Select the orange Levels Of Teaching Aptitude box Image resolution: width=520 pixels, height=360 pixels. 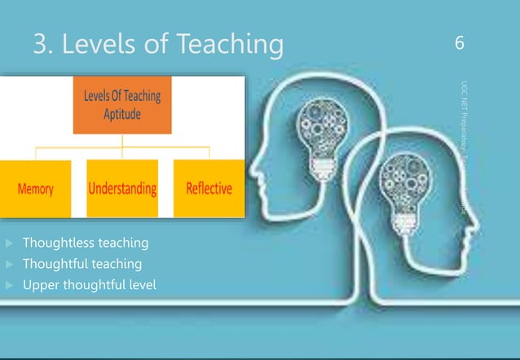[x=122, y=106]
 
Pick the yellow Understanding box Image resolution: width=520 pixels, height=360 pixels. [x=122, y=189]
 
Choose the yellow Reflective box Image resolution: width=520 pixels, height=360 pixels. [x=209, y=189]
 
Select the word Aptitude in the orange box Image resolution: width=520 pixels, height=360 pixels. [x=122, y=114]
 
